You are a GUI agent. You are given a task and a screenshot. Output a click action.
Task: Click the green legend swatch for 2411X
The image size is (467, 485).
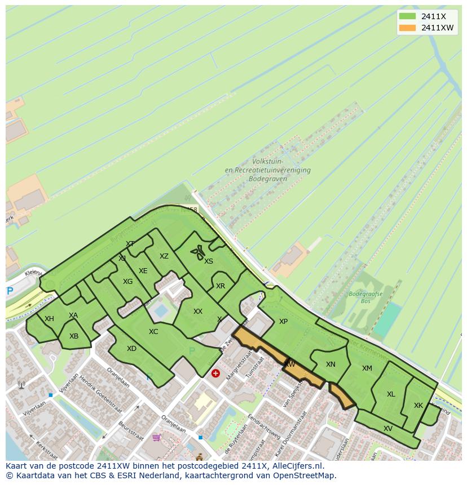407,16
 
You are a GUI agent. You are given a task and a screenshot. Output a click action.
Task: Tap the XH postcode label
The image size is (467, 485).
49,319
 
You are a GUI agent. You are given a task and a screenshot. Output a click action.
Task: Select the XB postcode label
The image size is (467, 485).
74,336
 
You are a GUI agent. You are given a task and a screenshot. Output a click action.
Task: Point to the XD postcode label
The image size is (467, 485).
131,349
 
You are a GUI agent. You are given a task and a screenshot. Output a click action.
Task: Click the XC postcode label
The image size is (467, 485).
153,332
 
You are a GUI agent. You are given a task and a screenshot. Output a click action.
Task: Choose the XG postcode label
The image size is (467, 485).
127,282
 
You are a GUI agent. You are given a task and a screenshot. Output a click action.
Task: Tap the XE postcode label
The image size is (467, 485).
143,271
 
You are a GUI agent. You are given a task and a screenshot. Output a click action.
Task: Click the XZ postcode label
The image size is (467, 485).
164,256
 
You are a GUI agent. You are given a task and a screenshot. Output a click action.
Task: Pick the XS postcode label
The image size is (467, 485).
209,261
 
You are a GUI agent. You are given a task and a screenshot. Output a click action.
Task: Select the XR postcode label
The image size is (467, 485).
221,286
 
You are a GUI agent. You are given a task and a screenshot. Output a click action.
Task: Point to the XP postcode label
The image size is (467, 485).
283,322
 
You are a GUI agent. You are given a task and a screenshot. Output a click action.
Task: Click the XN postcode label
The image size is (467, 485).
331,364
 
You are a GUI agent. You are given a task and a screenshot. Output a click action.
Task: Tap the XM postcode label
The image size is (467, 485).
367,368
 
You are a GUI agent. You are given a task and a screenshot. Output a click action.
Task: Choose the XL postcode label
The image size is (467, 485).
391,394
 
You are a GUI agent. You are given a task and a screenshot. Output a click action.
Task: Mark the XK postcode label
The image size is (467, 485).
418,406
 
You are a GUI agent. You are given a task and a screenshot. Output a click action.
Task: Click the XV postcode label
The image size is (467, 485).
388,429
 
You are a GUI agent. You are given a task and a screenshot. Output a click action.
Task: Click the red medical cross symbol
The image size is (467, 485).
215,373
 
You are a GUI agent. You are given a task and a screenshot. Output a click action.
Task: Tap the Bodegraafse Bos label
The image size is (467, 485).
365,297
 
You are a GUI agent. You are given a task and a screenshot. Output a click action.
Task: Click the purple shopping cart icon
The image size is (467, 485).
156,437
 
